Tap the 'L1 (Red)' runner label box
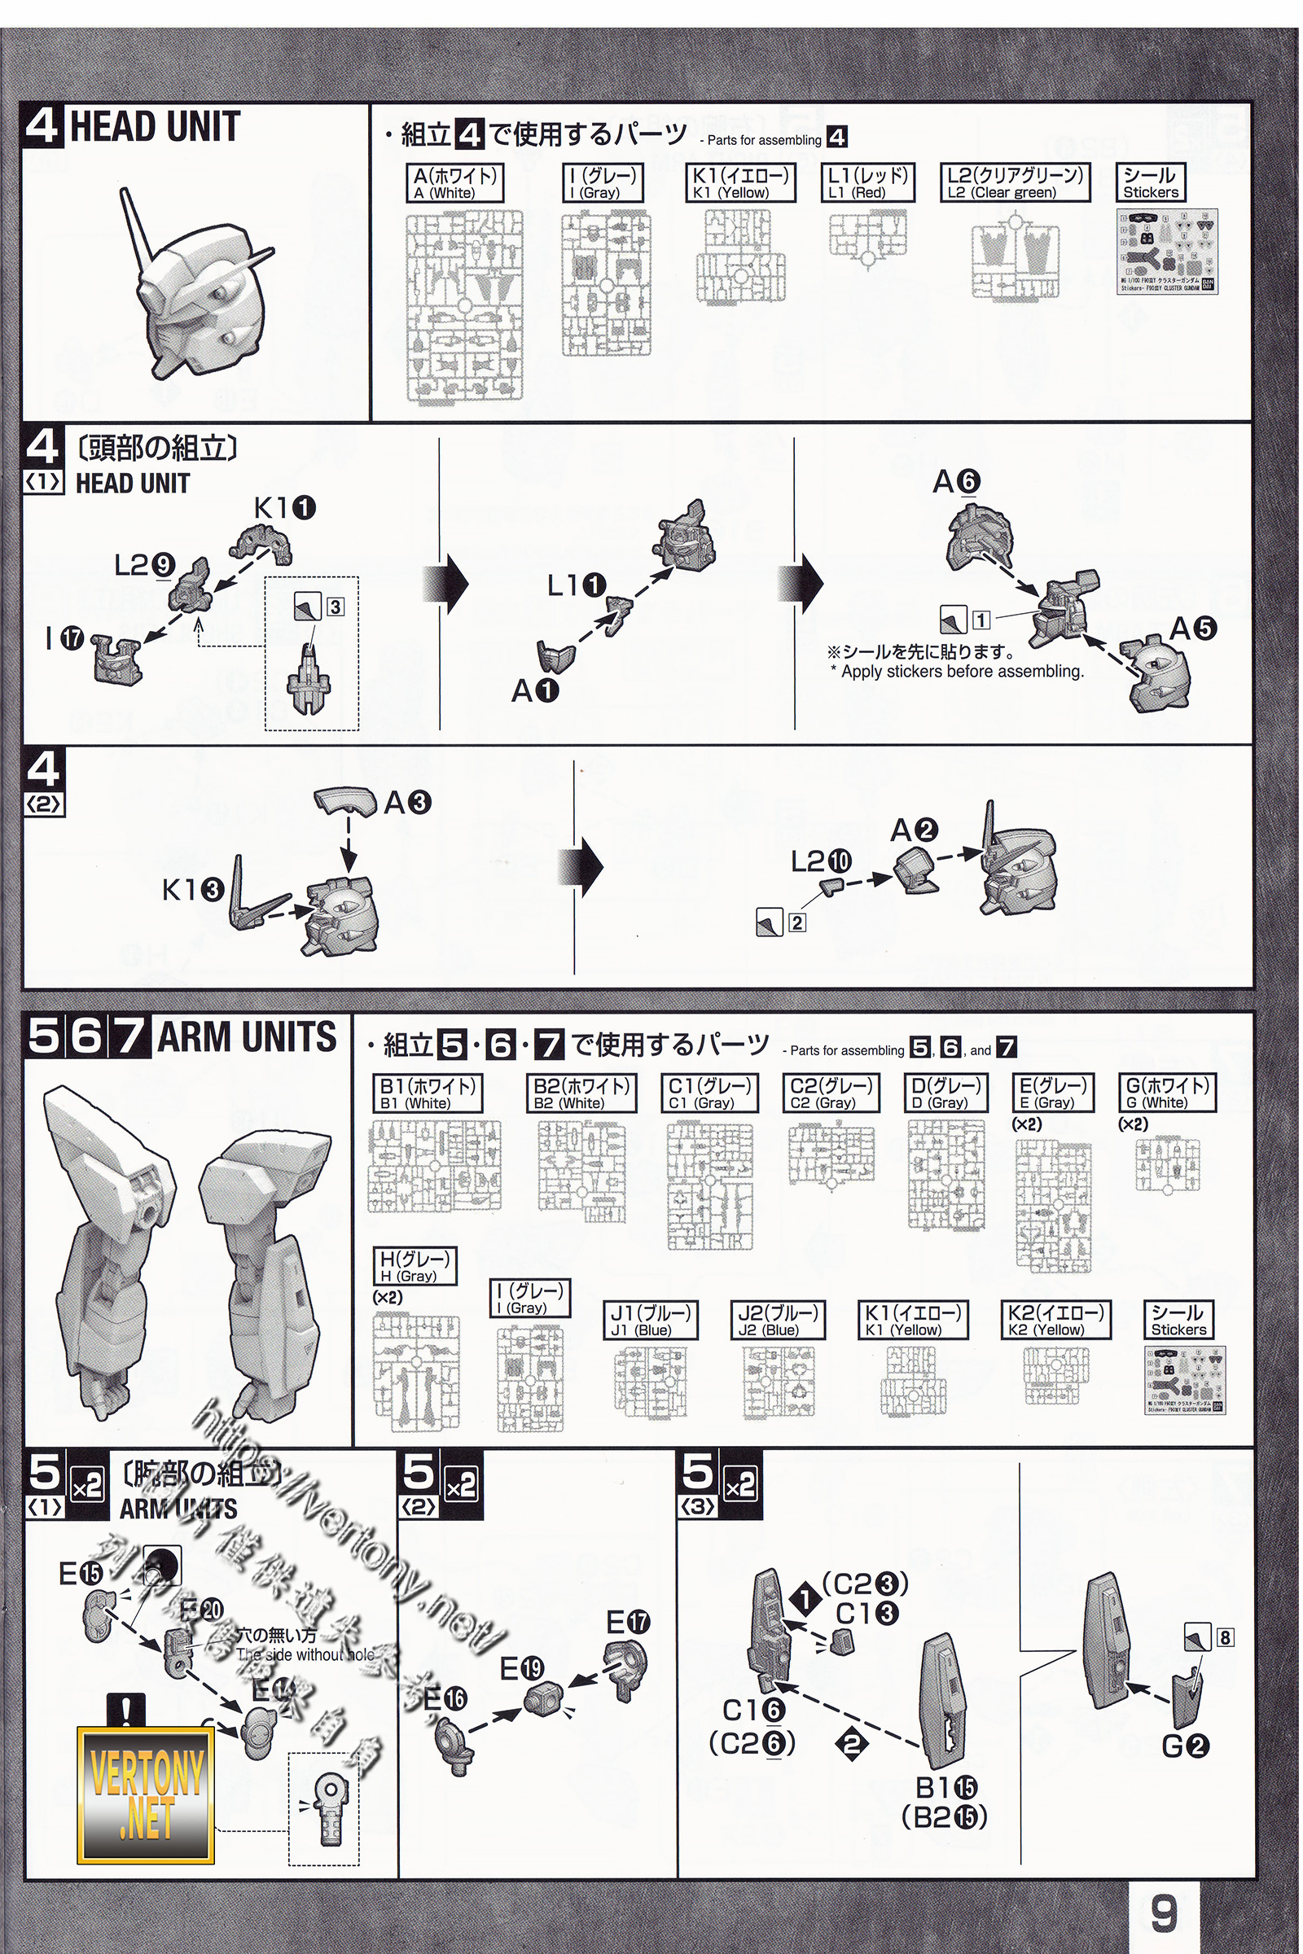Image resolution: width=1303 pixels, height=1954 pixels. coord(867,182)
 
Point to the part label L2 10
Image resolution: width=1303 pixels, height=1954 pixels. coord(821,861)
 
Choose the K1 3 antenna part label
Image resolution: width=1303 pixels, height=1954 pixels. coord(193,890)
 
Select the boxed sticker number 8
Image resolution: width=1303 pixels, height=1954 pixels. coord(1225,1637)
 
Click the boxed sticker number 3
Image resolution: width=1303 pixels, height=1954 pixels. coord(335,607)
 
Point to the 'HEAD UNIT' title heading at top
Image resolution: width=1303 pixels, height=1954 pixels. coord(155,126)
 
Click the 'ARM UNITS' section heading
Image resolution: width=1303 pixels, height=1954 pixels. coord(247,1036)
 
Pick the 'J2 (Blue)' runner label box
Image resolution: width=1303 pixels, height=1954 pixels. coord(778,1320)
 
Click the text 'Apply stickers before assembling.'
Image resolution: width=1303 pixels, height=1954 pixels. coord(962,671)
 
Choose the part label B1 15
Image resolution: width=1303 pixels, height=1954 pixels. coord(945,1787)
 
